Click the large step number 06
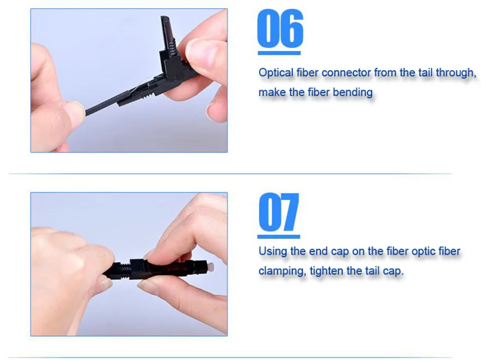[280, 28]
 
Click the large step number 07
[279, 212]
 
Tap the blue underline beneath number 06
[279, 53]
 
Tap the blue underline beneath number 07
[279, 237]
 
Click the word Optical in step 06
[276, 73]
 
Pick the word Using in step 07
[273, 251]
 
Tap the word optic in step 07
[423, 251]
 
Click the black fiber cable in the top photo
[104, 105]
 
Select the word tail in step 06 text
[425, 73]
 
